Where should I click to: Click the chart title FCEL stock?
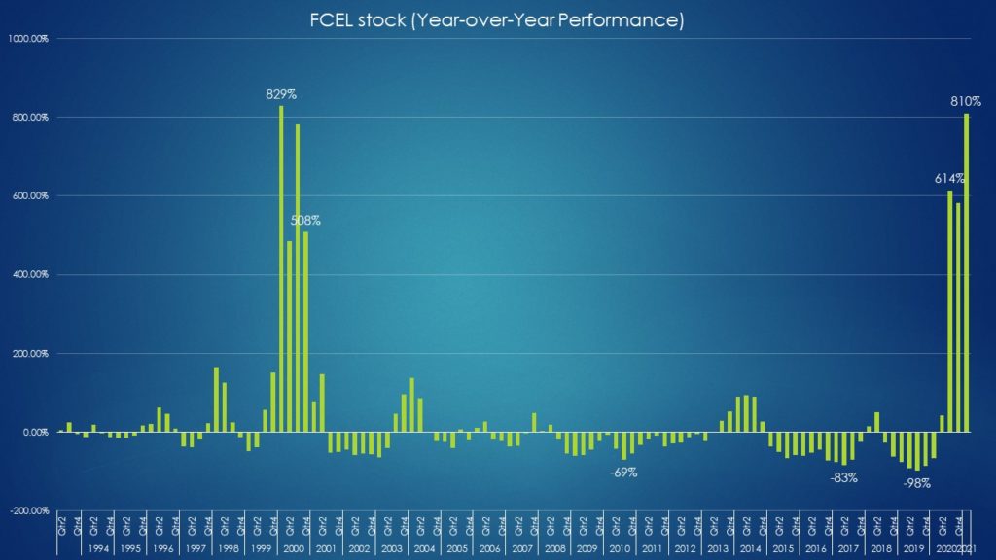[x=497, y=19]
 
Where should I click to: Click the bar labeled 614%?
[x=950, y=311]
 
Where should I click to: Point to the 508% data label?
[x=305, y=221]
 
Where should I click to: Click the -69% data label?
[x=623, y=472]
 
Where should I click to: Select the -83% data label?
[x=843, y=477]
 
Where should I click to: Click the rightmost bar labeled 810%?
[x=967, y=272]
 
